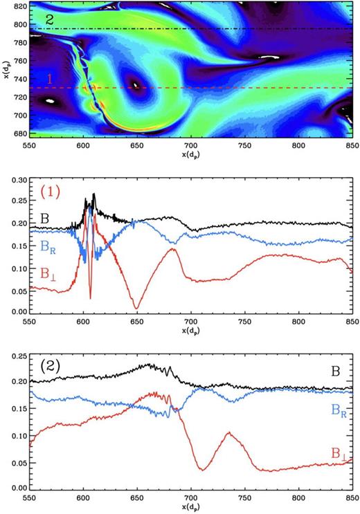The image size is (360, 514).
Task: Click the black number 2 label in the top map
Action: (49, 20)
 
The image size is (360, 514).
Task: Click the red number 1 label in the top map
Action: (49, 80)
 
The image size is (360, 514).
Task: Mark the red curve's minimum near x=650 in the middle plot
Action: (137, 309)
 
